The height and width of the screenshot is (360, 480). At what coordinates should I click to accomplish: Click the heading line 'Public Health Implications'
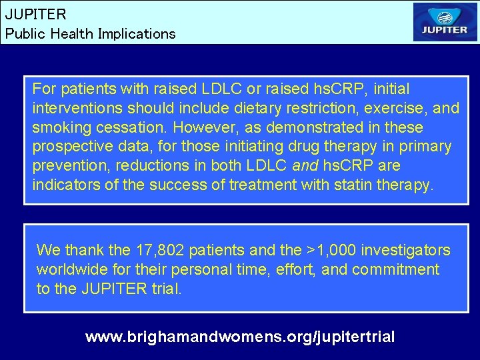point(90,33)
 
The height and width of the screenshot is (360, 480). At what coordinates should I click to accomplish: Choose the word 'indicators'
point(67,185)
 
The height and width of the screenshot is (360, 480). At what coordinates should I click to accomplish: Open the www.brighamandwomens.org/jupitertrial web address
point(240,337)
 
